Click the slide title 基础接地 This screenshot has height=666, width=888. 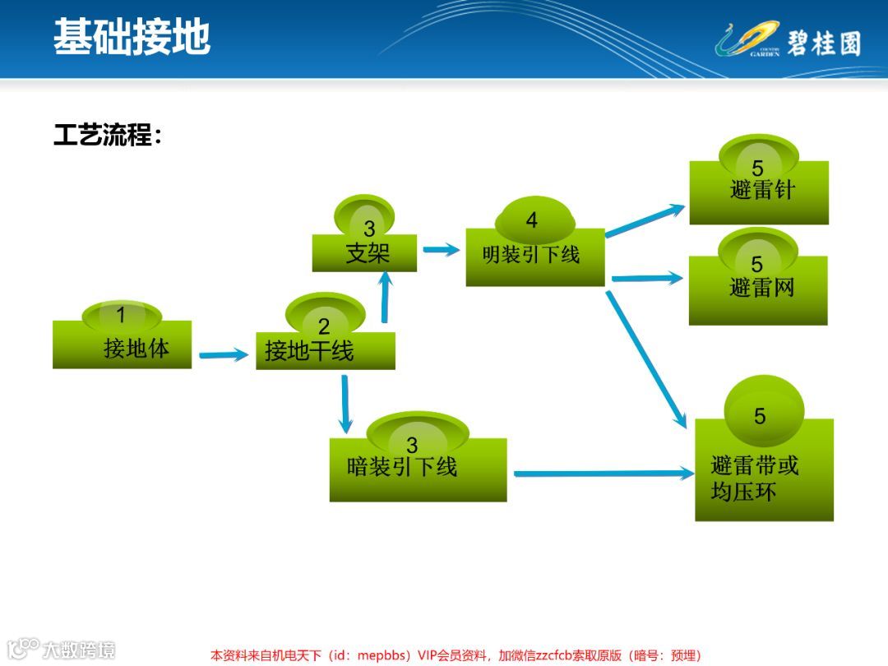(132, 37)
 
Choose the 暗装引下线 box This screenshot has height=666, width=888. (418, 469)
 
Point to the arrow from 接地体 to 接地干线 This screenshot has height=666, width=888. (224, 355)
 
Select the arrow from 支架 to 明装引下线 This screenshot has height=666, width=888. (441, 249)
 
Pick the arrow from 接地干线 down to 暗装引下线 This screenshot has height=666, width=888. (345, 404)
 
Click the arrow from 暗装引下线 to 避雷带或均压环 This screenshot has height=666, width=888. (604, 474)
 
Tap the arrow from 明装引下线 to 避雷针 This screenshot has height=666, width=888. (645, 220)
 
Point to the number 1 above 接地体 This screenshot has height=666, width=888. (121, 315)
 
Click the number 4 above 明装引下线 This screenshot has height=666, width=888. (532, 220)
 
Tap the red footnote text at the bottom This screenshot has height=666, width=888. (456, 655)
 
